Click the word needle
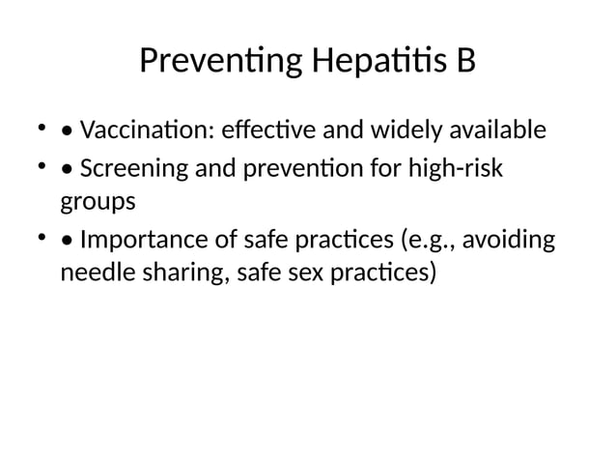(x=93, y=274)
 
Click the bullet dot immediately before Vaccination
(x=67, y=130)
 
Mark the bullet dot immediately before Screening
(x=67, y=169)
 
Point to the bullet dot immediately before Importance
(x=67, y=240)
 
